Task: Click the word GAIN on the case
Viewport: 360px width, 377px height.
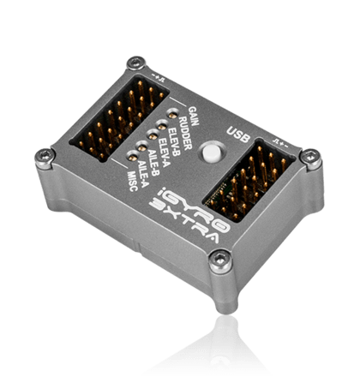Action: click(194, 116)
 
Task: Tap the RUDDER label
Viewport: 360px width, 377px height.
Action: click(185, 134)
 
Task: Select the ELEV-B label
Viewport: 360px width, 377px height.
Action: click(174, 142)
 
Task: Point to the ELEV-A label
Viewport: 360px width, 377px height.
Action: click(164, 153)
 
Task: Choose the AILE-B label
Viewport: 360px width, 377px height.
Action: click(153, 162)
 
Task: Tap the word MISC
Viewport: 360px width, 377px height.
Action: click(133, 182)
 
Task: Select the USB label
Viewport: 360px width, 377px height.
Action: click(238, 135)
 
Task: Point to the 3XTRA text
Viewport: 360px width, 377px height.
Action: click(184, 223)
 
